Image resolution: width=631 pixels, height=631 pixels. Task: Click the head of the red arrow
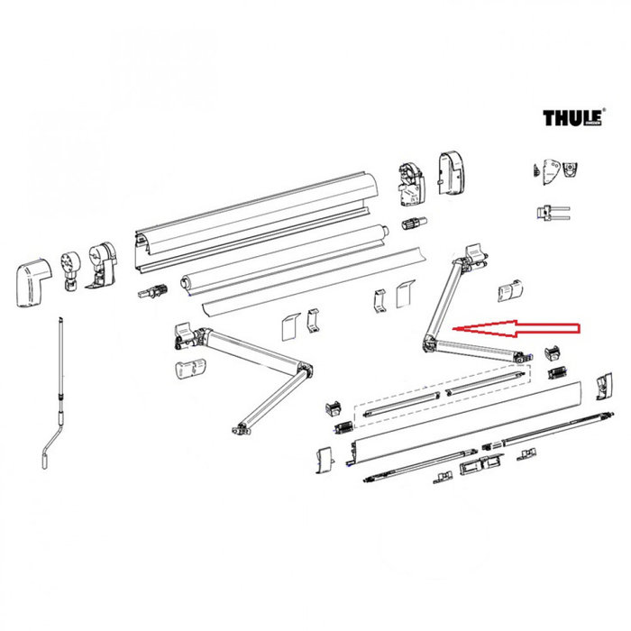[458, 329]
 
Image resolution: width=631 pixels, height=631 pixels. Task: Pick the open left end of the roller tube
[188, 281]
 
